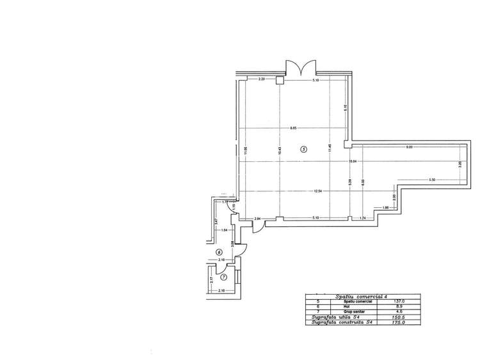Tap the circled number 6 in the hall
click(219, 251)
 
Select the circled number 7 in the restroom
click(223, 277)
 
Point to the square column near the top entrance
click(280, 81)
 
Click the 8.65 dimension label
click(292, 129)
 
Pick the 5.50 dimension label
click(432, 180)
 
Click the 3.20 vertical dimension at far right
click(461, 164)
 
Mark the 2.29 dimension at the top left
click(262, 80)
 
